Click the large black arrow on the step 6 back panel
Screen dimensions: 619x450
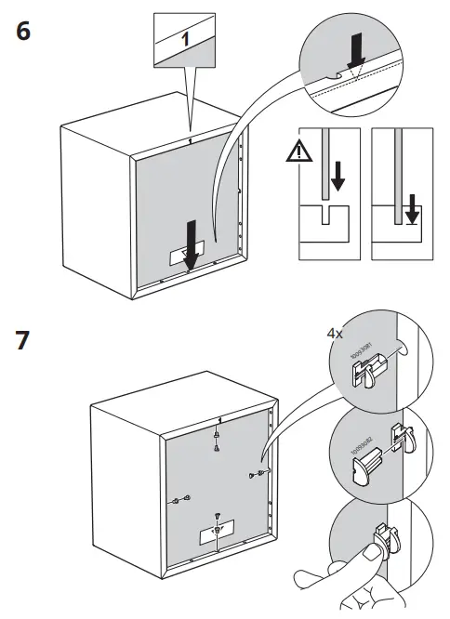click(x=190, y=244)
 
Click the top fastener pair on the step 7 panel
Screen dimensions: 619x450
click(x=216, y=440)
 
